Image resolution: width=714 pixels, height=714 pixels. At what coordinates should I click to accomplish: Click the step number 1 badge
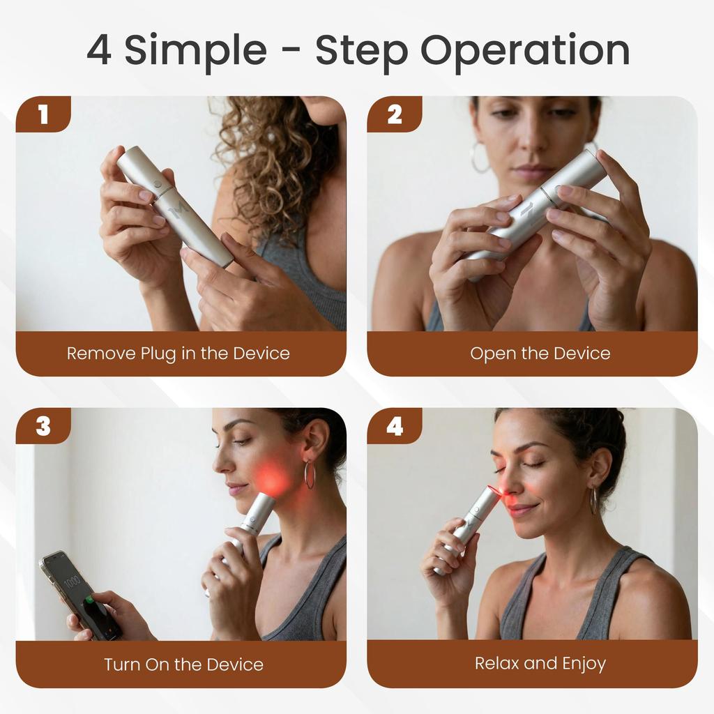(x=43, y=114)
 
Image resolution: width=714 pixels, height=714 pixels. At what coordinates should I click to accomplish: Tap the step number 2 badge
(x=395, y=114)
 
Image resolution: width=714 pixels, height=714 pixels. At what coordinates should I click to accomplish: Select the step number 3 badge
(x=43, y=425)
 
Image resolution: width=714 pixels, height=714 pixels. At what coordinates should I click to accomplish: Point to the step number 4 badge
(x=395, y=425)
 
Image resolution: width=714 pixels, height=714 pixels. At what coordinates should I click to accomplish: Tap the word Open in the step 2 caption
(x=492, y=354)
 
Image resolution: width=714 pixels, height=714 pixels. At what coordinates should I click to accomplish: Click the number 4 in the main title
(x=99, y=50)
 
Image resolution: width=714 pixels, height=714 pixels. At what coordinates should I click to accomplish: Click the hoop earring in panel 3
(x=309, y=474)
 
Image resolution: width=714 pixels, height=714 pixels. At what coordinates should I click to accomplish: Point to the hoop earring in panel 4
(x=594, y=501)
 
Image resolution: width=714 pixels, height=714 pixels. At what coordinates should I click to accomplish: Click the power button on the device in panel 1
(x=159, y=185)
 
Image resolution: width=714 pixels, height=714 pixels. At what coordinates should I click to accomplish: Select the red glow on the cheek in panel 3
(x=272, y=478)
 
